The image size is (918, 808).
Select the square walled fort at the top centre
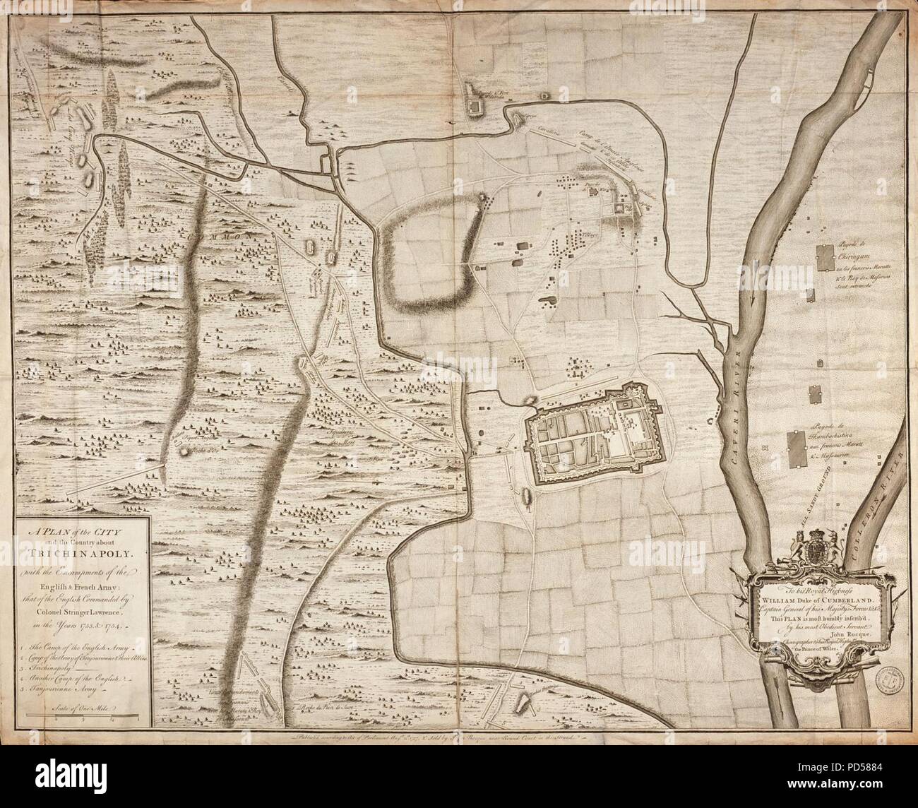(x=472, y=106)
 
